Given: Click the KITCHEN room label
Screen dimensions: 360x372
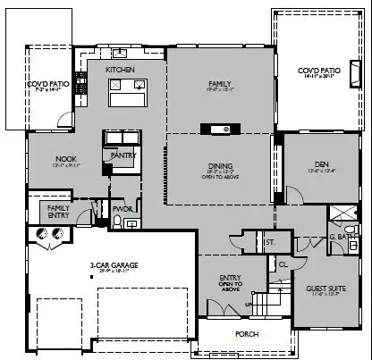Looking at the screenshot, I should click(x=120, y=70).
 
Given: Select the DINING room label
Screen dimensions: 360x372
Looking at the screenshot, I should click(x=220, y=163).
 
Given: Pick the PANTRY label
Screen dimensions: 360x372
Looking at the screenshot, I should click(x=123, y=155).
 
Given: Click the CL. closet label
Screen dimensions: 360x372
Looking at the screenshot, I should click(x=283, y=265).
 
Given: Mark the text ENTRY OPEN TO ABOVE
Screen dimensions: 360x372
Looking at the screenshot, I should click(x=231, y=283).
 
